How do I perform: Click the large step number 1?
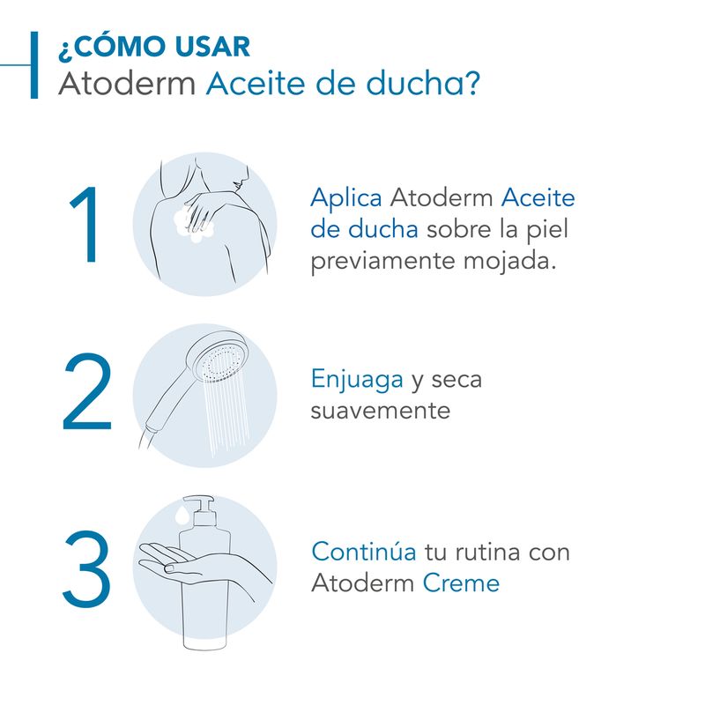tap(85, 224)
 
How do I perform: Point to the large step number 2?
tap(86, 392)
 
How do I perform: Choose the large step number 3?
tap(86, 568)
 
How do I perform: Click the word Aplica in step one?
tap(346, 198)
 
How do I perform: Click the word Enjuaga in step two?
tap(357, 380)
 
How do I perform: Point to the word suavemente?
tap(381, 411)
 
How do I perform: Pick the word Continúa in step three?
tap(364, 552)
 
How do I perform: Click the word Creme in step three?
tap(461, 583)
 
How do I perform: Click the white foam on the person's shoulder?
tap(192, 225)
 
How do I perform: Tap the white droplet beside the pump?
tap(182, 516)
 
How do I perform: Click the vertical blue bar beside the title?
tap(34, 64)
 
